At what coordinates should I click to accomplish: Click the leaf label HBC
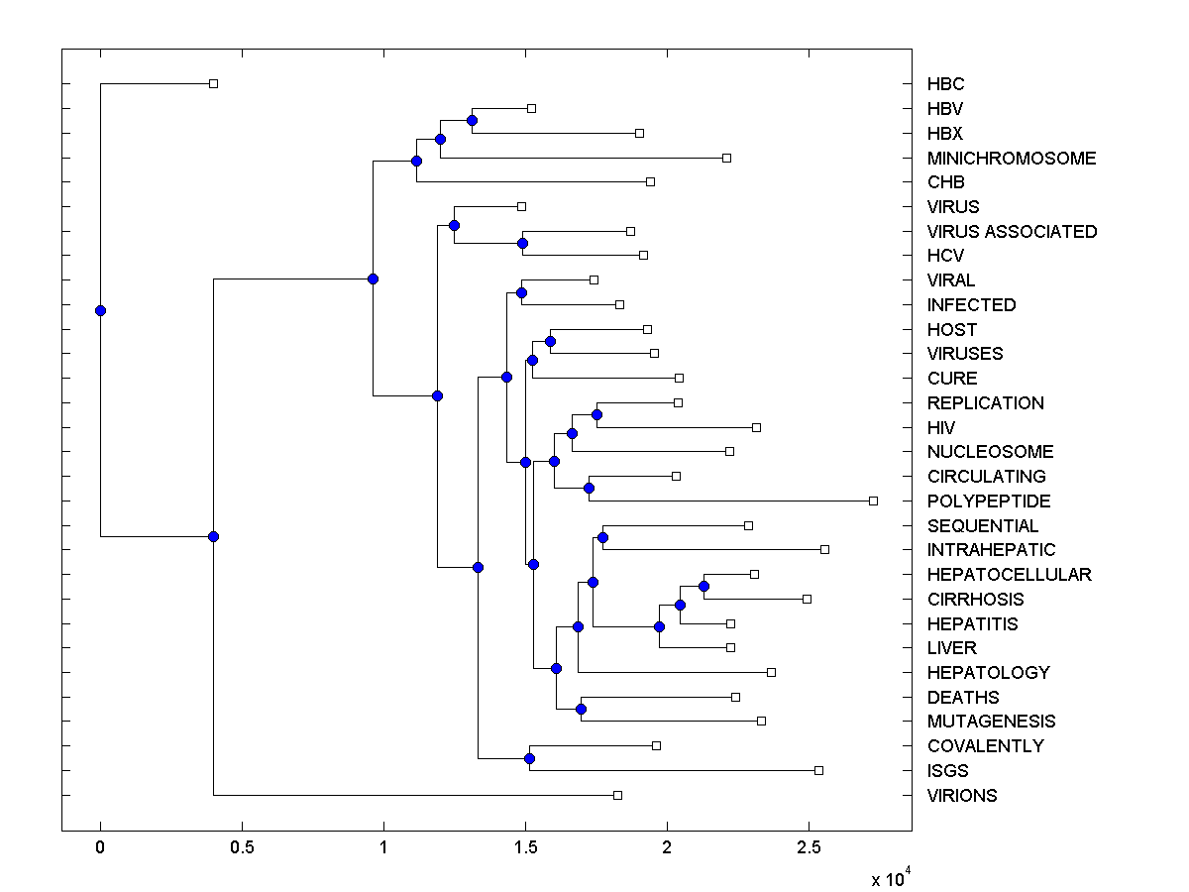[x=945, y=84]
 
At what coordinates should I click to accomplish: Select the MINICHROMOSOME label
[x=1012, y=159]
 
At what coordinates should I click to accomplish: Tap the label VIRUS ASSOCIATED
[x=1012, y=232]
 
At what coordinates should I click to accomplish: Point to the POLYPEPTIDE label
[x=989, y=502]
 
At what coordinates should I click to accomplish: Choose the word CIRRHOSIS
[x=975, y=600]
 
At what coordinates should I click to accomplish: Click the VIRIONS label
[x=962, y=796]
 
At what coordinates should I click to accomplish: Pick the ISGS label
[x=947, y=771]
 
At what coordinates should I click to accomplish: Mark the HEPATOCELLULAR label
[x=1009, y=575]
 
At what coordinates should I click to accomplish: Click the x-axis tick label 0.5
[x=242, y=848]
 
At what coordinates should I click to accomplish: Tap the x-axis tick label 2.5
[x=809, y=848]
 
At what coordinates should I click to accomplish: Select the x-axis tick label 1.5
[x=525, y=848]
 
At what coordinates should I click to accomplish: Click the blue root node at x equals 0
[x=100, y=310]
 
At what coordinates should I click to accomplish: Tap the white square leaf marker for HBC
[x=213, y=84]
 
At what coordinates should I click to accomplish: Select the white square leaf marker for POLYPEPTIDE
[x=873, y=501]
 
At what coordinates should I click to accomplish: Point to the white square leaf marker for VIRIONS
[x=617, y=795]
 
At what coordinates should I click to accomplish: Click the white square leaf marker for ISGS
[x=818, y=770]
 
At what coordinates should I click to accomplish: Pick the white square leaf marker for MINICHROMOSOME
[x=726, y=158]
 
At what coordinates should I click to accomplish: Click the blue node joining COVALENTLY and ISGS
[x=529, y=758]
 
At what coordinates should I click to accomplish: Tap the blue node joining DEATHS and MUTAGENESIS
[x=582, y=709]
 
